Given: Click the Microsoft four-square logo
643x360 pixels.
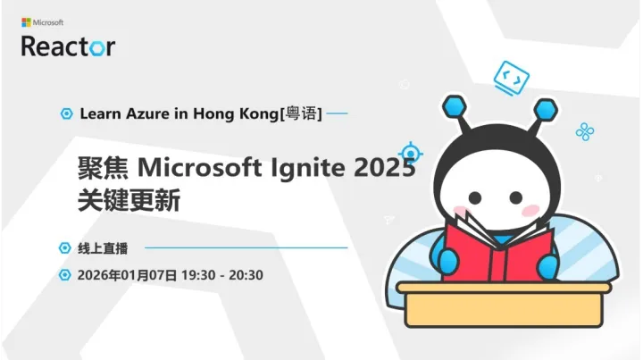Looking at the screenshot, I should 26,21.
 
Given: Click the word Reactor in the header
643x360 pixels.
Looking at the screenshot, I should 68,46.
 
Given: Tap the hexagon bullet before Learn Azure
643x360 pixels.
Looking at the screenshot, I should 65,114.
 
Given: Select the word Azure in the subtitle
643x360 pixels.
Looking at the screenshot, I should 140,114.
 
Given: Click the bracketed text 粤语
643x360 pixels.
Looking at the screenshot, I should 302,114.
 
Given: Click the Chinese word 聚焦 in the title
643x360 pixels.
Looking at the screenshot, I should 104,167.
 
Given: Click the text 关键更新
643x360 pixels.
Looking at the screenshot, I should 129,200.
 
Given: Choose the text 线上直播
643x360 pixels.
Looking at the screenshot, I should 103,247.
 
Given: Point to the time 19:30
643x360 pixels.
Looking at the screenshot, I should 197,274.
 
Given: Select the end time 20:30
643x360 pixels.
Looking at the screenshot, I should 245,274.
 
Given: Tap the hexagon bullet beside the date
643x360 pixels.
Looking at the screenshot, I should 65,274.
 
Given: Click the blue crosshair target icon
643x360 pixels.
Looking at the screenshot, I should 410,150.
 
